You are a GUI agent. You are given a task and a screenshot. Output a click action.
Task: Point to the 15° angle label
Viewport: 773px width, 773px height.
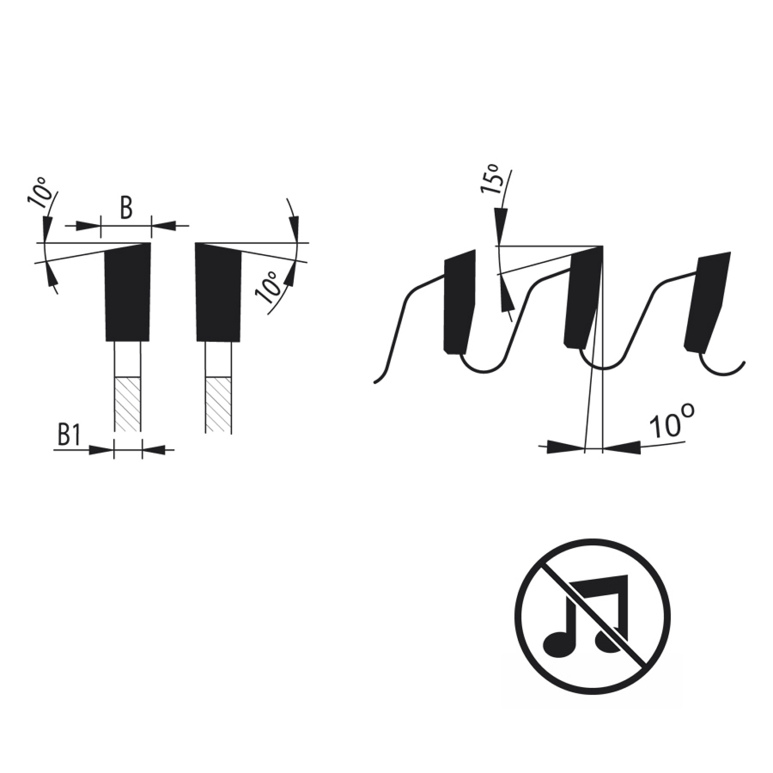tap(492, 179)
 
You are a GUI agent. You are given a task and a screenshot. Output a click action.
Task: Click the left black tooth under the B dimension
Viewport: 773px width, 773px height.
tap(128, 292)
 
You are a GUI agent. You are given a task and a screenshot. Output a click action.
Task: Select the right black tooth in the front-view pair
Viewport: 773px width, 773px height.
tap(218, 292)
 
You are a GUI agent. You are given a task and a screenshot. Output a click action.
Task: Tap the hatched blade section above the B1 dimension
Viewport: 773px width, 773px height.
tap(128, 405)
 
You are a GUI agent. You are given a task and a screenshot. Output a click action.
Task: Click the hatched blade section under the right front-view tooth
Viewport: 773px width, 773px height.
tap(218, 405)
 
